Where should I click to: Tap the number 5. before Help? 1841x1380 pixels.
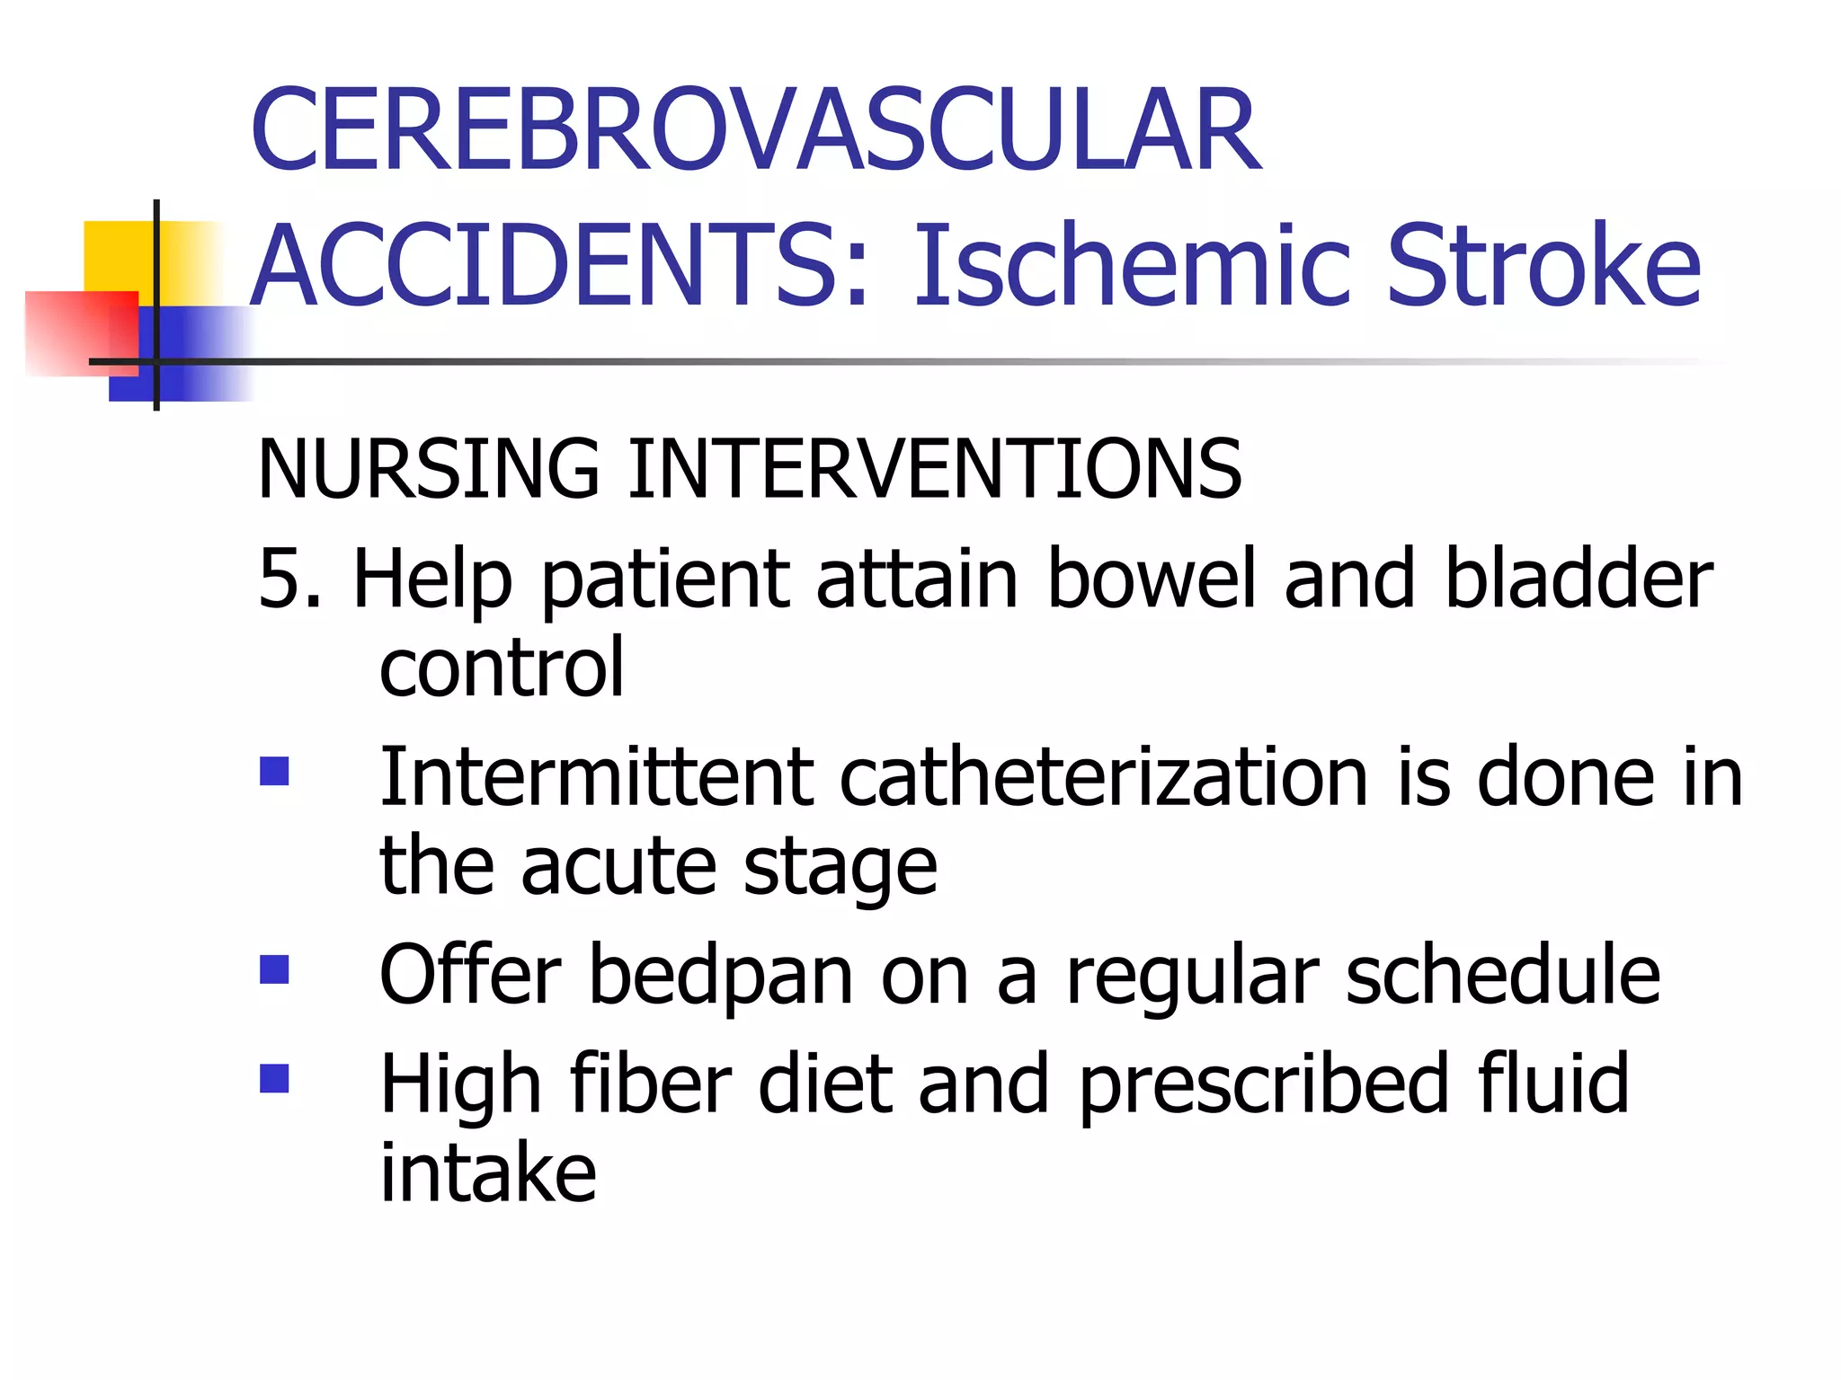click(289, 579)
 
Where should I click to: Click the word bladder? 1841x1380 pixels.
click(1579, 579)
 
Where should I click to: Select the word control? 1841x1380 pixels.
click(502, 668)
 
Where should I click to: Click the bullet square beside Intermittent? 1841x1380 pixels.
click(274, 772)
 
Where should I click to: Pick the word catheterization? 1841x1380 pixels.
click(1104, 776)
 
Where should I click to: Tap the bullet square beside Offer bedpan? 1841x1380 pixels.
click(274, 969)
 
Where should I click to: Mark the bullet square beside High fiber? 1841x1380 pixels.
click(274, 1078)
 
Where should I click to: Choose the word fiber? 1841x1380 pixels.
click(651, 1084)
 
